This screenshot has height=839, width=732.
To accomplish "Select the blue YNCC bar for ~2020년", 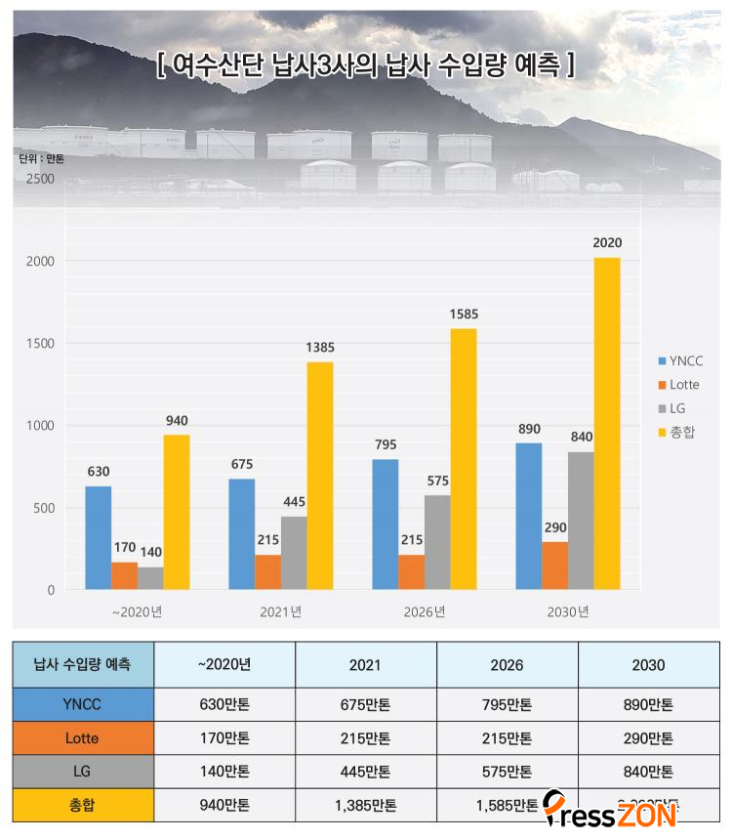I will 98,537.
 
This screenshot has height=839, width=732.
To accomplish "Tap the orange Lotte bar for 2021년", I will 267,571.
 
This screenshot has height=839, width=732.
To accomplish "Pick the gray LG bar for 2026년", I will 437,542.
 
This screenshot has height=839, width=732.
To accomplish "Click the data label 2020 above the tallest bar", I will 606,243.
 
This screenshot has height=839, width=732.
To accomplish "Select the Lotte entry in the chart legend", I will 684,385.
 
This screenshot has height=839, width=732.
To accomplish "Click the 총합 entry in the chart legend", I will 682,432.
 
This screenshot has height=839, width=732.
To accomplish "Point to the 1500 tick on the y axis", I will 40,344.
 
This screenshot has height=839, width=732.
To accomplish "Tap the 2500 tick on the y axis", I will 40,179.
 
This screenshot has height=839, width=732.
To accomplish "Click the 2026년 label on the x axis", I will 425,612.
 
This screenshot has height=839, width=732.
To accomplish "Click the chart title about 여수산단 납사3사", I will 365,65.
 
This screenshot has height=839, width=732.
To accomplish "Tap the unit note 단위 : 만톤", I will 41,158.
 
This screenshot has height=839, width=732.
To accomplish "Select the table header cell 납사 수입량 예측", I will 83,665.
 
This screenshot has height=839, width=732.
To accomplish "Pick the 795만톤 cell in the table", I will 508,705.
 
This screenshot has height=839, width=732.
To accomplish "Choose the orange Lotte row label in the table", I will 83,738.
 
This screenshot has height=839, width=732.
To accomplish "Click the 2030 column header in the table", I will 648,665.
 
